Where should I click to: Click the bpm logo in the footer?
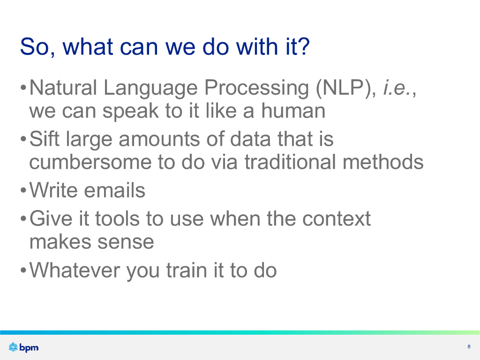tap(23, 347)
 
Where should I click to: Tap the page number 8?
tap(469, 346)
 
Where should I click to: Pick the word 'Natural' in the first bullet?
tap(63, 88)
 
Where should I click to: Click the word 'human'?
tap(293, 110)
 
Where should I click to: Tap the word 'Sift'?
tap(44, 139)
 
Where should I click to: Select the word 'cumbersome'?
tap(90, 162)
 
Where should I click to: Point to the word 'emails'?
tap(114, 190)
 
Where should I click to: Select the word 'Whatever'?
tap(75, 270)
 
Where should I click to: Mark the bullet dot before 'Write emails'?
tap(23, 191)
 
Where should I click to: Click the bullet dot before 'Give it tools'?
tap(23, 219)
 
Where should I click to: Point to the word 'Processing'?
tap(256, 88)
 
